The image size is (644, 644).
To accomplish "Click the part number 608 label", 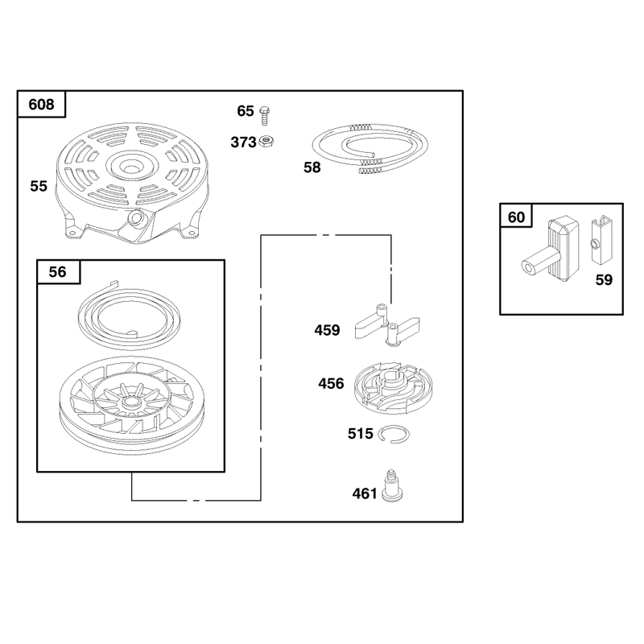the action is pos(41,105).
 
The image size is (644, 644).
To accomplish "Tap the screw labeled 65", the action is pos(265,115).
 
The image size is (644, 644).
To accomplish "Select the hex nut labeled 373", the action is pos(266,142).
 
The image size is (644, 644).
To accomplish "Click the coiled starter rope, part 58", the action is pos(369,148).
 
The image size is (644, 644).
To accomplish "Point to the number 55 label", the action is pos(39,186).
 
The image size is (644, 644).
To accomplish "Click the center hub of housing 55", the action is pos(132,166).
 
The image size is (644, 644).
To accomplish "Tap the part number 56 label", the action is pos(57,271).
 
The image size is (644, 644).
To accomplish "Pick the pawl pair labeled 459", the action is pos(386,325).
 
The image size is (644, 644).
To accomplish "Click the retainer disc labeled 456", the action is pos(393,388).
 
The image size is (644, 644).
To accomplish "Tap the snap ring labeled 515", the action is pos(394,434).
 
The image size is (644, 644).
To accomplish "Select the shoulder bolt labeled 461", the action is pos(392,486).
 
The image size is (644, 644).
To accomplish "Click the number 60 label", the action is pos(516,217).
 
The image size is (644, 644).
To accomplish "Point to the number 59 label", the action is pos(604,279).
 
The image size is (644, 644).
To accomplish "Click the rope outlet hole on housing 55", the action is pos(136,218).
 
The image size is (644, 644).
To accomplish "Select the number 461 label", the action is pos(365,493).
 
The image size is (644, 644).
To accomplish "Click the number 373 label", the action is pos(243,142).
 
